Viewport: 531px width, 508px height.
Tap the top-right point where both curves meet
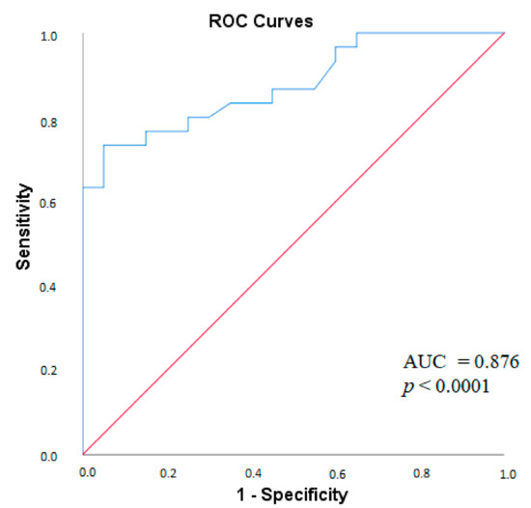tap(505, 33)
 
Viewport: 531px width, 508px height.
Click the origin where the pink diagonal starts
tap(83, 454)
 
